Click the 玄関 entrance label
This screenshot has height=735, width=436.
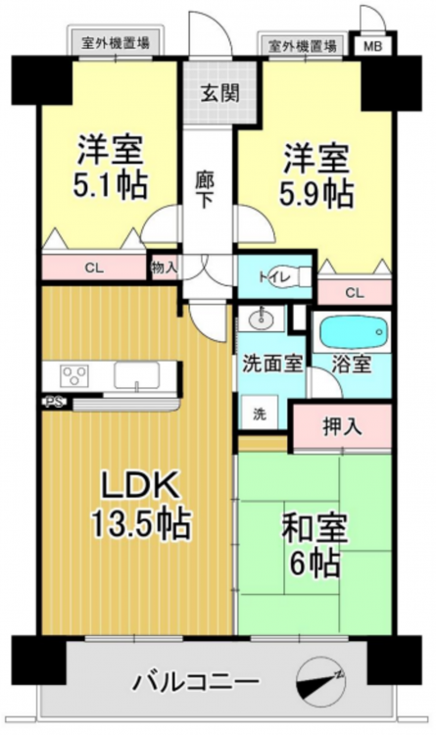(x=219, y=93)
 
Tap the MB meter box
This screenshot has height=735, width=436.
(x=373, y=46)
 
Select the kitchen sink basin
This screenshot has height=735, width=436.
(x=137, y=376)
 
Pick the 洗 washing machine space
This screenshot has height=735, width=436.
(x=260, y=413)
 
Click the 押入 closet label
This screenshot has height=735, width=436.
(x=342, y=425)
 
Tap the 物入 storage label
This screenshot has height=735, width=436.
(x=164, y=268)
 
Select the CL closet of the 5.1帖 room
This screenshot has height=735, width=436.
(x=94, y=268)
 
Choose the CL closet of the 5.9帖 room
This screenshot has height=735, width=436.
(x=355, y=292)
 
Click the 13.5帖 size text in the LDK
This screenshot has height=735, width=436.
(x=141, y=523)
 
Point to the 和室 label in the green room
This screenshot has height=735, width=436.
(x=315, y=528)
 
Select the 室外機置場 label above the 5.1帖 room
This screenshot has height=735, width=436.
(x=116, y=43)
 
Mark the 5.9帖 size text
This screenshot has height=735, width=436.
(x=316, y=193)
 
